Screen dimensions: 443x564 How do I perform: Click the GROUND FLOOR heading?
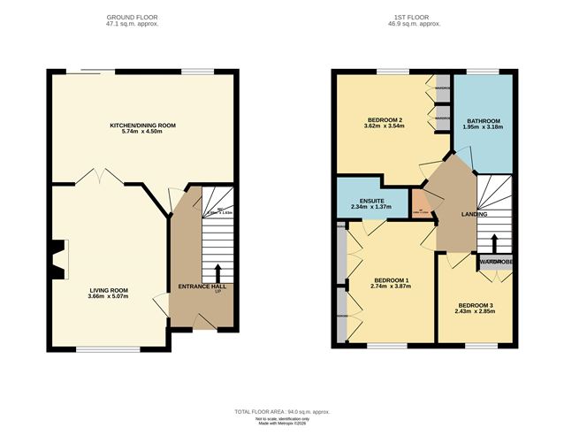pyautogui.click(x=142, y=18)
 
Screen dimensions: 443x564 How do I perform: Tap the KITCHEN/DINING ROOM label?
pyautogui.click(x=142, y=126)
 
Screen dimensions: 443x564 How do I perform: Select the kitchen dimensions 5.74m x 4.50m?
pyautogui.click(x=142, y=134)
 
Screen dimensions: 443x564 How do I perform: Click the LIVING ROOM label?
pyautogui.click(x=108, y=289)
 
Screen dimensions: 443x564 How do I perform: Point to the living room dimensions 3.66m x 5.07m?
pyautogui.click(x=108, y=296)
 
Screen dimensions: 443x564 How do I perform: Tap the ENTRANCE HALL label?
pyautogui.click(x=202, y=286)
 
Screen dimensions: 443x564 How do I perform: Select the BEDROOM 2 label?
pyautogui.click(x=385, y=119)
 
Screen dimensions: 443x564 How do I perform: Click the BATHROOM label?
pyautogui.click(x=484, y=120)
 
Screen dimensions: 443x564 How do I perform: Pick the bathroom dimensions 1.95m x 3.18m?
pyautogui.click(x=484, y=127)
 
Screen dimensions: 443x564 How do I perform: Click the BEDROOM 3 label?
pyautogui.click(x=475, y=304)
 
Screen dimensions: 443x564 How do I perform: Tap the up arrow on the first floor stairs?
pyautogui.click(x=494, y=241)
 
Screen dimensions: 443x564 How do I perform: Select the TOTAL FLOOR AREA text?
pyautogui.click(x=281, y=412)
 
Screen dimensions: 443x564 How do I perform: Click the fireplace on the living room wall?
pyautogui.click(x=57, y=260)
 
